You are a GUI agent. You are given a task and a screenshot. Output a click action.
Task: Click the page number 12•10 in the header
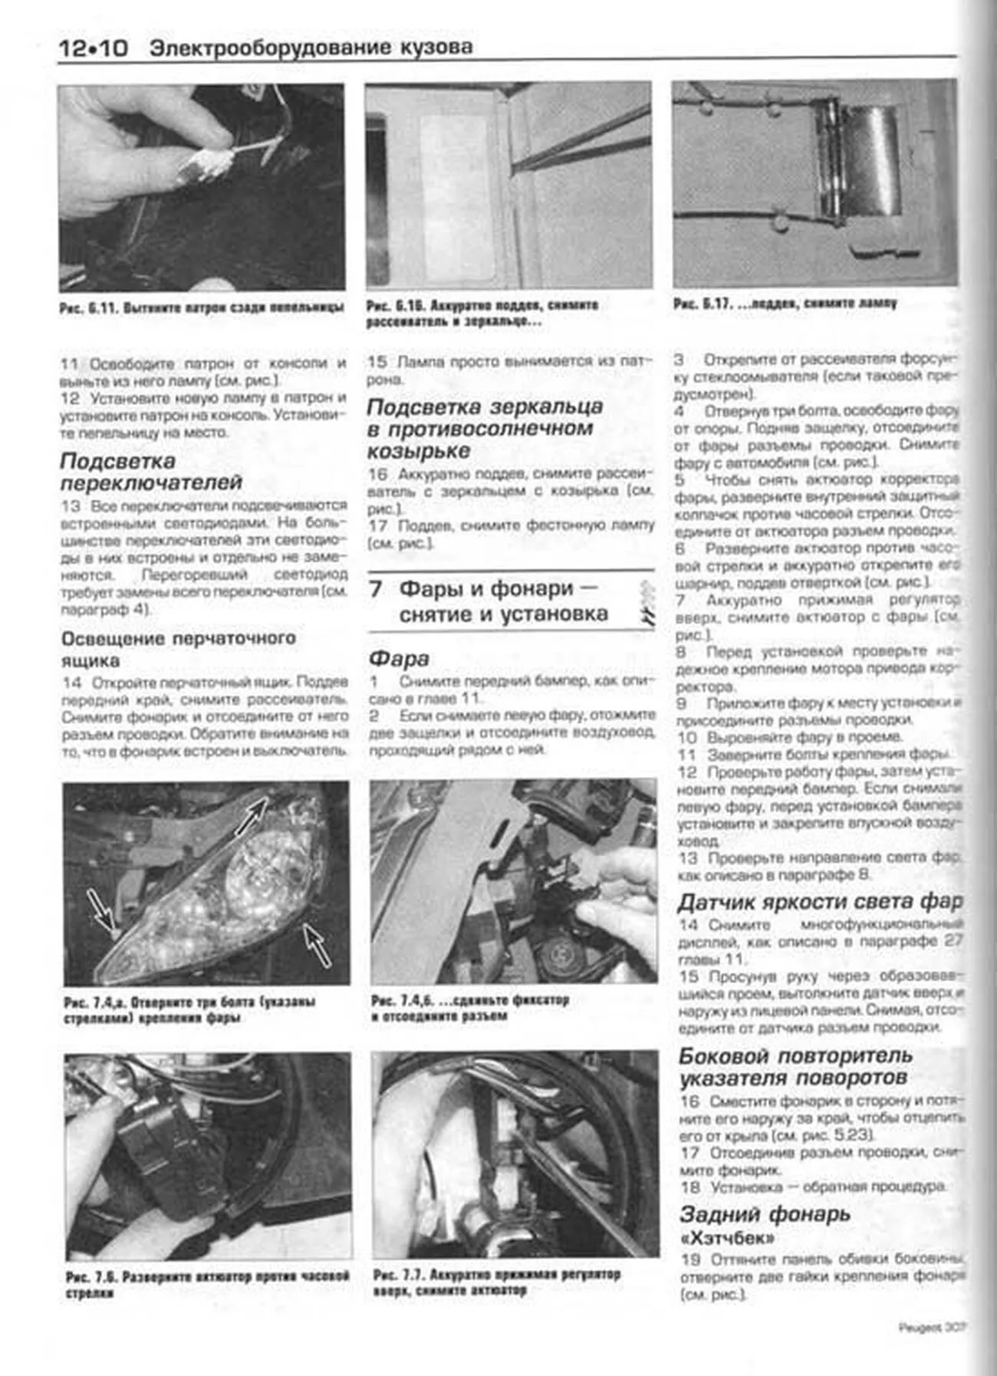[93, 48]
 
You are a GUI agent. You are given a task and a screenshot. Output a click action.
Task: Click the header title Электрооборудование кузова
[311, 48]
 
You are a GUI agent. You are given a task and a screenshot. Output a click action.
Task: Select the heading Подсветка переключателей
[151, 472]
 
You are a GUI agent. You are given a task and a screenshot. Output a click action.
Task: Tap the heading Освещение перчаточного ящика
[178, 649]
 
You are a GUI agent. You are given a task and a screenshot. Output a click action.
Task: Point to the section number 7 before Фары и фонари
[375, 589]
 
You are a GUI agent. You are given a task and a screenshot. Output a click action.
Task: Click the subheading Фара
[399, 658]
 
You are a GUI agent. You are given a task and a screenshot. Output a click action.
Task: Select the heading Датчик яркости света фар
[819, 902]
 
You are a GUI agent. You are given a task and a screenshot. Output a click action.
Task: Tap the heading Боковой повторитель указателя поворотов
[795, 1067]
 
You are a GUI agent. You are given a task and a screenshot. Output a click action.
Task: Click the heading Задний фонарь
[765, 1214]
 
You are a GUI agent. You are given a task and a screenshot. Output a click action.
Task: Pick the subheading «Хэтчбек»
[727, 1238]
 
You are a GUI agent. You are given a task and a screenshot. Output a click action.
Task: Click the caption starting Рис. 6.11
[202, 308]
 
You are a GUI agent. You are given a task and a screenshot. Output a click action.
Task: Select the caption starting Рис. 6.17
[785, 304]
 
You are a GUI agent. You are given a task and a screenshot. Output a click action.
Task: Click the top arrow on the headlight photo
[252, 815]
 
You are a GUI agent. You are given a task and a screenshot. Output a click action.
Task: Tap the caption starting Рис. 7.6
[207, 1284]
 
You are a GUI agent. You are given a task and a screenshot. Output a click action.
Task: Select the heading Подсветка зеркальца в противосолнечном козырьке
[485, 428]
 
